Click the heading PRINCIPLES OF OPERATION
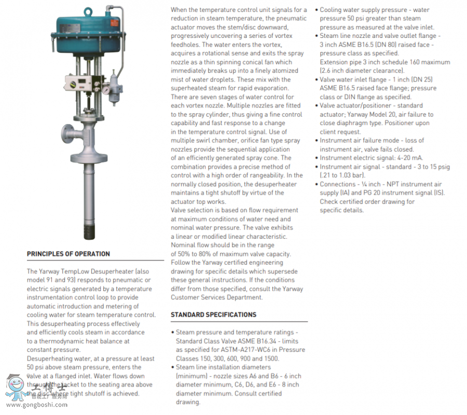pyautogui.click(x=68, y=254)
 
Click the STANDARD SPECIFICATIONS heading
pyautogui.click(x=213, y=315)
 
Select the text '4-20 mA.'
pyautogui.click(x=409, y=158)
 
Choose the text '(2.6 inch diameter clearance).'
pyautogui.click(x=362, y=71)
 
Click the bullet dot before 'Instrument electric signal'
pyautogui.click(x=316, y=158)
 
